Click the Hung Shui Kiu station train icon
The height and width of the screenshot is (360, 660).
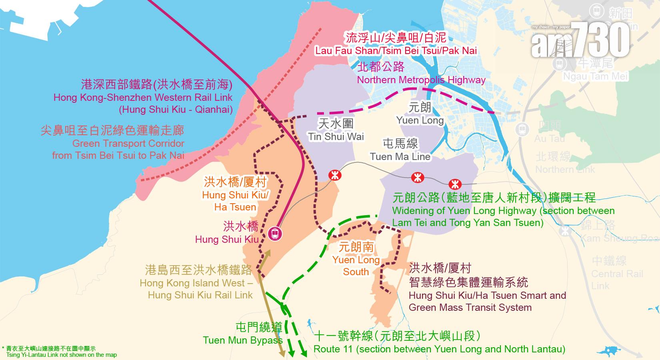tap(275, 233)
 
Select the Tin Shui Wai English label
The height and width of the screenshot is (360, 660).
tap(336, 136)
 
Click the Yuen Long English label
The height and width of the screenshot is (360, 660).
tap(420, 120)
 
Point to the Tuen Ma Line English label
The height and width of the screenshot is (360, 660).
tap(400, 156)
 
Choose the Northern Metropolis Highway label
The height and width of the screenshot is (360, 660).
tap(421, 80)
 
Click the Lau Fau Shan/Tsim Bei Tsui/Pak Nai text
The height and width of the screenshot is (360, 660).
tap(396, 50)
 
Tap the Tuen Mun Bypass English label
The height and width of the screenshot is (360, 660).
tap(243, 340)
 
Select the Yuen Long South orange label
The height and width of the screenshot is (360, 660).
tap(356, 266)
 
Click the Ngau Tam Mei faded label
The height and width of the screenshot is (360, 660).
tap(595, 76)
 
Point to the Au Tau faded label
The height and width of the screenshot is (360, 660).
tap(549, 138)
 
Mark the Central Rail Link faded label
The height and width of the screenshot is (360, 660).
tap(617, 280)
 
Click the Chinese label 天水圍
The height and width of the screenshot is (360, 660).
tap(336, 123)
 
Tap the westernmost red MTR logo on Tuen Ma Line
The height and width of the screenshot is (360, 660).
tap(334, 175)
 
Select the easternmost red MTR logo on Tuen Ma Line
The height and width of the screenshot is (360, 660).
tap(455, 184)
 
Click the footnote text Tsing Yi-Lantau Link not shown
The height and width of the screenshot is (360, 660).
tap(62, 355)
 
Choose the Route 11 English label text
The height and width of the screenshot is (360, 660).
tap(439, 349)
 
